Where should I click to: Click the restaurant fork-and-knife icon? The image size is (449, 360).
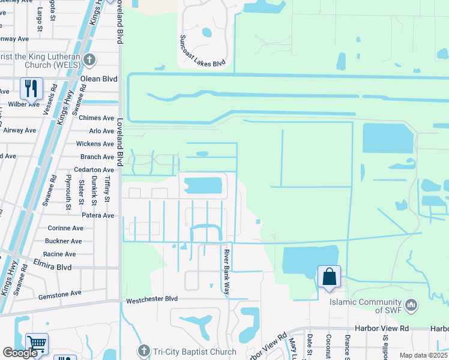[x=31, y=88]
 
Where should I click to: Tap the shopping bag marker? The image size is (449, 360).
[x=329, y=277]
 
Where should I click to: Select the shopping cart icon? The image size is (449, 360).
[x=37, y=344]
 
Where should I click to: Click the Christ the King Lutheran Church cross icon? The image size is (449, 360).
[x=89, y=59]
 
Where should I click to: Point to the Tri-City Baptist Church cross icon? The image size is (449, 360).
[x=143, y=350]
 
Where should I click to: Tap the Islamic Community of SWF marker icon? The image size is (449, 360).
[x=411, y=305]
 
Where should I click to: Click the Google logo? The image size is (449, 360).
[x=20, y=353]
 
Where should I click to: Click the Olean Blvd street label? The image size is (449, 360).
[x=100, y=79]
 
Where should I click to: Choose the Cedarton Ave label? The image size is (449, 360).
[x=94, y=170]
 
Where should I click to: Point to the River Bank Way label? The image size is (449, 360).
[x=228, y=272]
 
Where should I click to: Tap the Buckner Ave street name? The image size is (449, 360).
[x=63, y=241]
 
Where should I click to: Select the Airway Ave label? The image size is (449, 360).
[x=20, y=130]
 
